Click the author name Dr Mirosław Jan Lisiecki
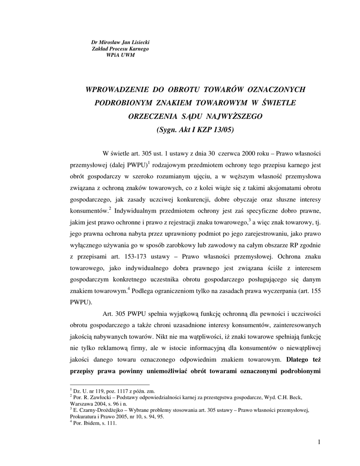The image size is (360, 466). [x=120, y=42]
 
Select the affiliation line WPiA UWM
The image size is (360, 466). [x=120, y=55]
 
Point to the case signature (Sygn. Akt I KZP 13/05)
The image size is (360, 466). [x=195, y=129]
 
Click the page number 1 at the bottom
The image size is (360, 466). [x=320, y=441]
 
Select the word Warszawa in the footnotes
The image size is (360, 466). [x=82, y=403]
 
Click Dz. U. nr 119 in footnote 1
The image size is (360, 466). [x=88, y=390]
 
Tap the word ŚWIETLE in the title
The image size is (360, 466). [x=279, y=103]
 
